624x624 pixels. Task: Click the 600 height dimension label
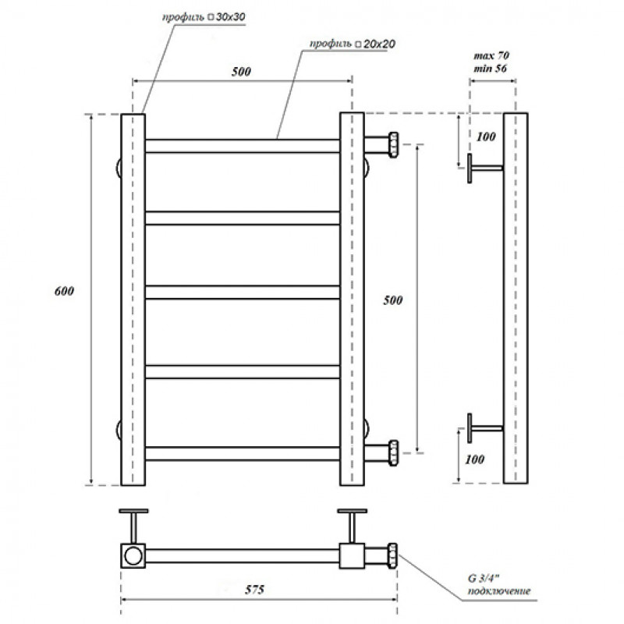tap(64, 291)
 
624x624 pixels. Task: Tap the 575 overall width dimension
tap(254, 590)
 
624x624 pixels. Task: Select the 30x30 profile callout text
tap(204, 17)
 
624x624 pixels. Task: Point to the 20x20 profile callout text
tap(353, 44)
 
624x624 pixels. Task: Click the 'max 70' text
tap(491, 55)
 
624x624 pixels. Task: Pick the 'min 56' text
tap(491, 69)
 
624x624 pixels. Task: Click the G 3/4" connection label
tap(483, 578)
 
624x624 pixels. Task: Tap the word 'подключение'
tap(499, 591)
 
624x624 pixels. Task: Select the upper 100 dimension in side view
tap(485, 137)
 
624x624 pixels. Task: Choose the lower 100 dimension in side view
tap(474, 459)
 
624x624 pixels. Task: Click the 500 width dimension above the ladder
tap(241, 72)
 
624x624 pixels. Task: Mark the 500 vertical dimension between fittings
tap(393, 300)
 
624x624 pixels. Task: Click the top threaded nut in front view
tap(393, 145)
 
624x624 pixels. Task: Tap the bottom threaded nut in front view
tap(393, 453)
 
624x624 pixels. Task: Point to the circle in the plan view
tap(133, 555)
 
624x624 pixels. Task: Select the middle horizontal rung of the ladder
tap(243, 292)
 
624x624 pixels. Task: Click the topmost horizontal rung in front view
tap(243, 146)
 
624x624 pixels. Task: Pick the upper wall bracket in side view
tap(484, 168)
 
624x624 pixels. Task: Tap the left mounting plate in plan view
tap(133, 511)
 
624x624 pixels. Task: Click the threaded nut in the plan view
tap(392, 555)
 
